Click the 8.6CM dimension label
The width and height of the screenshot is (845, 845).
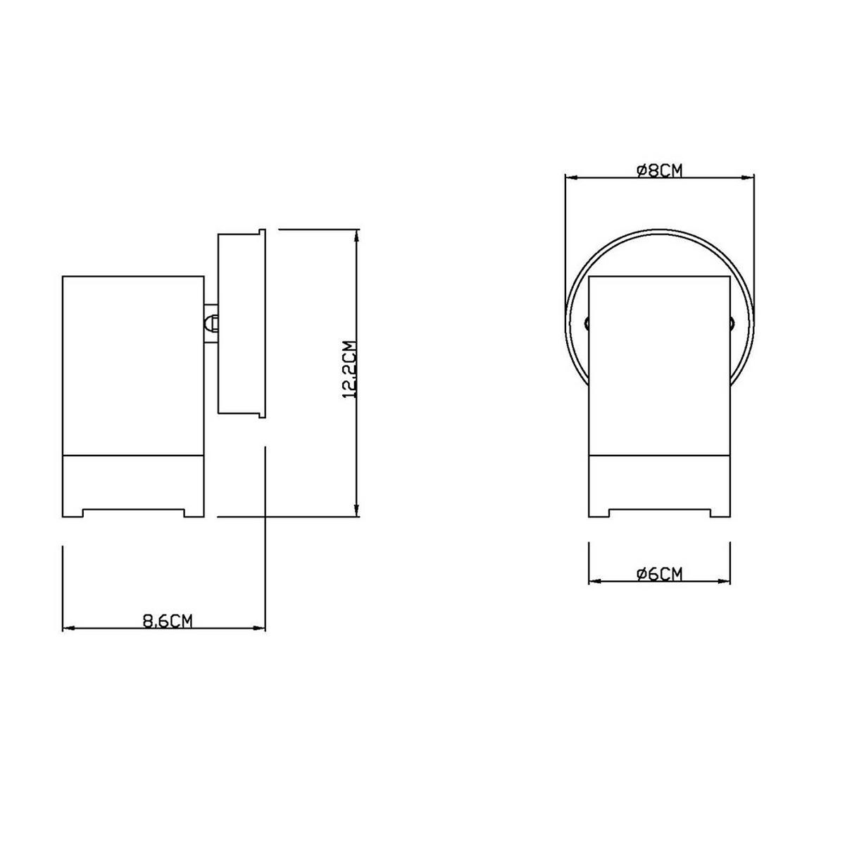click(x=168, y=620)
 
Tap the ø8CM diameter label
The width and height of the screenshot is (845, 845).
click(x=659, y=170)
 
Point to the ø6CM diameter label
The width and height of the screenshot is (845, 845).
click(x=659, y=574)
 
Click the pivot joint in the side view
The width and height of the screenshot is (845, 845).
click(x=211, y=323)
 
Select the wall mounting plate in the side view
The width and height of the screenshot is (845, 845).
click(x=241, y=323)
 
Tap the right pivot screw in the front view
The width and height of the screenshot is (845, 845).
click(x=732, y=324)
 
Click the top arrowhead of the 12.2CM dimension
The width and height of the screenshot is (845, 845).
click(x=358, y=234)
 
